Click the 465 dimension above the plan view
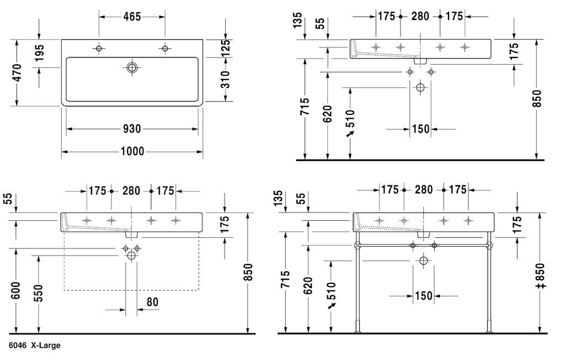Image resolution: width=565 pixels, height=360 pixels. (132, 17)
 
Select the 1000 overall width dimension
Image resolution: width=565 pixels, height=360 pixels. (132, 151)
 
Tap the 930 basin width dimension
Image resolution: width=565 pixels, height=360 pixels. (132, 129)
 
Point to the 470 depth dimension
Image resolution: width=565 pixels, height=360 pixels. (17, 73)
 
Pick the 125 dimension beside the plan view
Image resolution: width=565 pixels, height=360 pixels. (225, 47)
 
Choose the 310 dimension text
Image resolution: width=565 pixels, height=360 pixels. (225, 80)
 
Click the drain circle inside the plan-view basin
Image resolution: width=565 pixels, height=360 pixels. (132, 67)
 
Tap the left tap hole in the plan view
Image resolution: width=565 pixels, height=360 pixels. (99, 49)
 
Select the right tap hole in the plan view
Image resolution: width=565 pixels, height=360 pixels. (165, 49)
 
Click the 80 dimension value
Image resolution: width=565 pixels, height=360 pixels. (152, 301)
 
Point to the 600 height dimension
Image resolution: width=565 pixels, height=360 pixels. (16, 291)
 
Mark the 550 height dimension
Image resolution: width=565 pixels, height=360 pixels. (39, 293)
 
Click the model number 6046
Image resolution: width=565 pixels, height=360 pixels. (18, 346)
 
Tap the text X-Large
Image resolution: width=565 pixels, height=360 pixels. (45, 346)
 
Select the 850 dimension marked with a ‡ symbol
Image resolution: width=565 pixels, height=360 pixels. (541, 276)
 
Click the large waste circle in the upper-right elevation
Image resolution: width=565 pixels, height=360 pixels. (420, 87)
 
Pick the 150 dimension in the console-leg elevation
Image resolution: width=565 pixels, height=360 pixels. (423, 296)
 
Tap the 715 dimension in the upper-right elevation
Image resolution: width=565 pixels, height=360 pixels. (305, 107)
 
